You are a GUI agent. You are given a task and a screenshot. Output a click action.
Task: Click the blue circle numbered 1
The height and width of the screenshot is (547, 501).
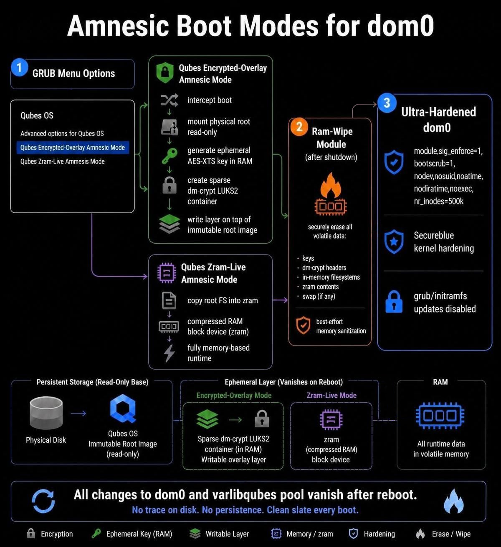point(19,67)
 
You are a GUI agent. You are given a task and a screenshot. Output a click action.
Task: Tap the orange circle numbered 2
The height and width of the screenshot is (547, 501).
point(299,126)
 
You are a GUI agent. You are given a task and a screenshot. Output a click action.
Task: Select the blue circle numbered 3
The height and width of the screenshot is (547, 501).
point(387,103)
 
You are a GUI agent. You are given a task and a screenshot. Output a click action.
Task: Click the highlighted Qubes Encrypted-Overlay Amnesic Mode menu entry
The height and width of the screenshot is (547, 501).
point(73,148)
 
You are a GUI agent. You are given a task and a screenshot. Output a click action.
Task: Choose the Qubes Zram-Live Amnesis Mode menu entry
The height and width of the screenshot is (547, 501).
point(63,161)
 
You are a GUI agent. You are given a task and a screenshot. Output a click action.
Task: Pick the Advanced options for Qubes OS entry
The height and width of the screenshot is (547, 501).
point(62,134)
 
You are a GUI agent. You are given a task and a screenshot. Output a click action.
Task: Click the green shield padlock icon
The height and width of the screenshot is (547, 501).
point(165,73)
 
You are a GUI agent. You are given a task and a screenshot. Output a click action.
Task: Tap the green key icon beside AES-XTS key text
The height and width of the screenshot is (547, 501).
point(170,156)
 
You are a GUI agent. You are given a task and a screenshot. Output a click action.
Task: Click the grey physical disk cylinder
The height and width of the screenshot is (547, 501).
point(46,413)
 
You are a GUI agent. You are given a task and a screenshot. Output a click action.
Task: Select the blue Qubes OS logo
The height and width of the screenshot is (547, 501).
point(123,408)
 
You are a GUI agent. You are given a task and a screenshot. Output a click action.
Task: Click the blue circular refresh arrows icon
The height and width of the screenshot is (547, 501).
point(43,501)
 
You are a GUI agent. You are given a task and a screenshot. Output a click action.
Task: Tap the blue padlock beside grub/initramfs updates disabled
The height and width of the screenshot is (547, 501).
point(394,302)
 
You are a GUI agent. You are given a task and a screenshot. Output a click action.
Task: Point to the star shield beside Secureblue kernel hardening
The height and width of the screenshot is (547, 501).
point(394,242)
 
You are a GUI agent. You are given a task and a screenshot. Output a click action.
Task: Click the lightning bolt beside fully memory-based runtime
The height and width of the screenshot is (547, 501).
point(169,353)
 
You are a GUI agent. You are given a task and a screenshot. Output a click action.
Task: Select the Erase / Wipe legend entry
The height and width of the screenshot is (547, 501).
point(443,534)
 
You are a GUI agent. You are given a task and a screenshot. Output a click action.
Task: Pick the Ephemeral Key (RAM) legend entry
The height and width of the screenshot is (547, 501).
point(132,534)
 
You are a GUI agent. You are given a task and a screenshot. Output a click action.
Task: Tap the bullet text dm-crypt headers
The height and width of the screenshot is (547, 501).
point(324,268)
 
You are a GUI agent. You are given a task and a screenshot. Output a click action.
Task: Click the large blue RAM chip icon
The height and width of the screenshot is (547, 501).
point(440,416)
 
